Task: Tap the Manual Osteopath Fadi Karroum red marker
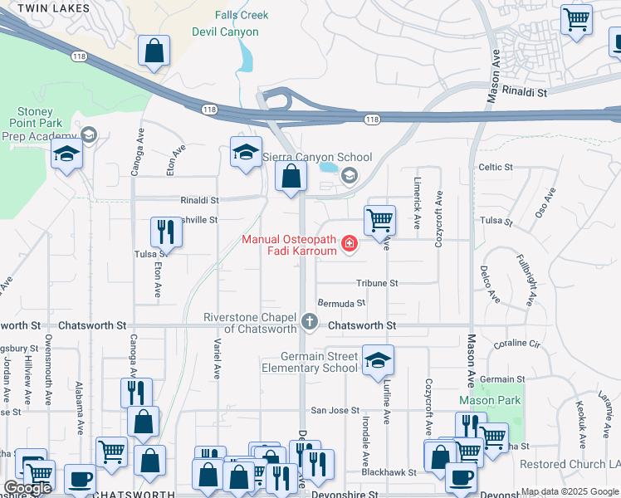[x=350, y=243]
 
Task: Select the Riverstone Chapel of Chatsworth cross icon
[x=310, y=321]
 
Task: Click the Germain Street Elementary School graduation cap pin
[x=378, y=359]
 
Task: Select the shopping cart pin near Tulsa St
[x=379, y=220]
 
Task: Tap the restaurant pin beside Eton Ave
[x=164, y=232]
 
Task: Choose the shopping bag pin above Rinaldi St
[x=291, y=176]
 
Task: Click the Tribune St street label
[x=377, y=283]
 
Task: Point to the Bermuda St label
[x=341, y=304]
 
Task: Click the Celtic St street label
[x=496, y=168]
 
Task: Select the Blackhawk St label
[x=388, y=472]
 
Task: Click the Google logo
[x=27, y=488]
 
